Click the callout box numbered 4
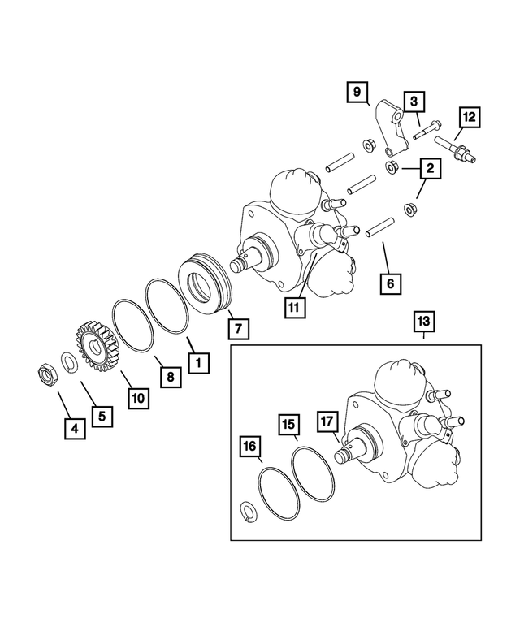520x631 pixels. tap(75, 427)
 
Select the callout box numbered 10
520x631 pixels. tap(139, 398)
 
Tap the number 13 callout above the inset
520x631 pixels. tap(423, 322)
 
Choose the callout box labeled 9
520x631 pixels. tap(356, 92)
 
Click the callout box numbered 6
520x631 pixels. tap(390, 283)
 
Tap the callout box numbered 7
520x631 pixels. tap(239, 328)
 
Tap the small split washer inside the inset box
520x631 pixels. tap(251, 509)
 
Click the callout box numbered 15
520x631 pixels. tap(288, 424)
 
